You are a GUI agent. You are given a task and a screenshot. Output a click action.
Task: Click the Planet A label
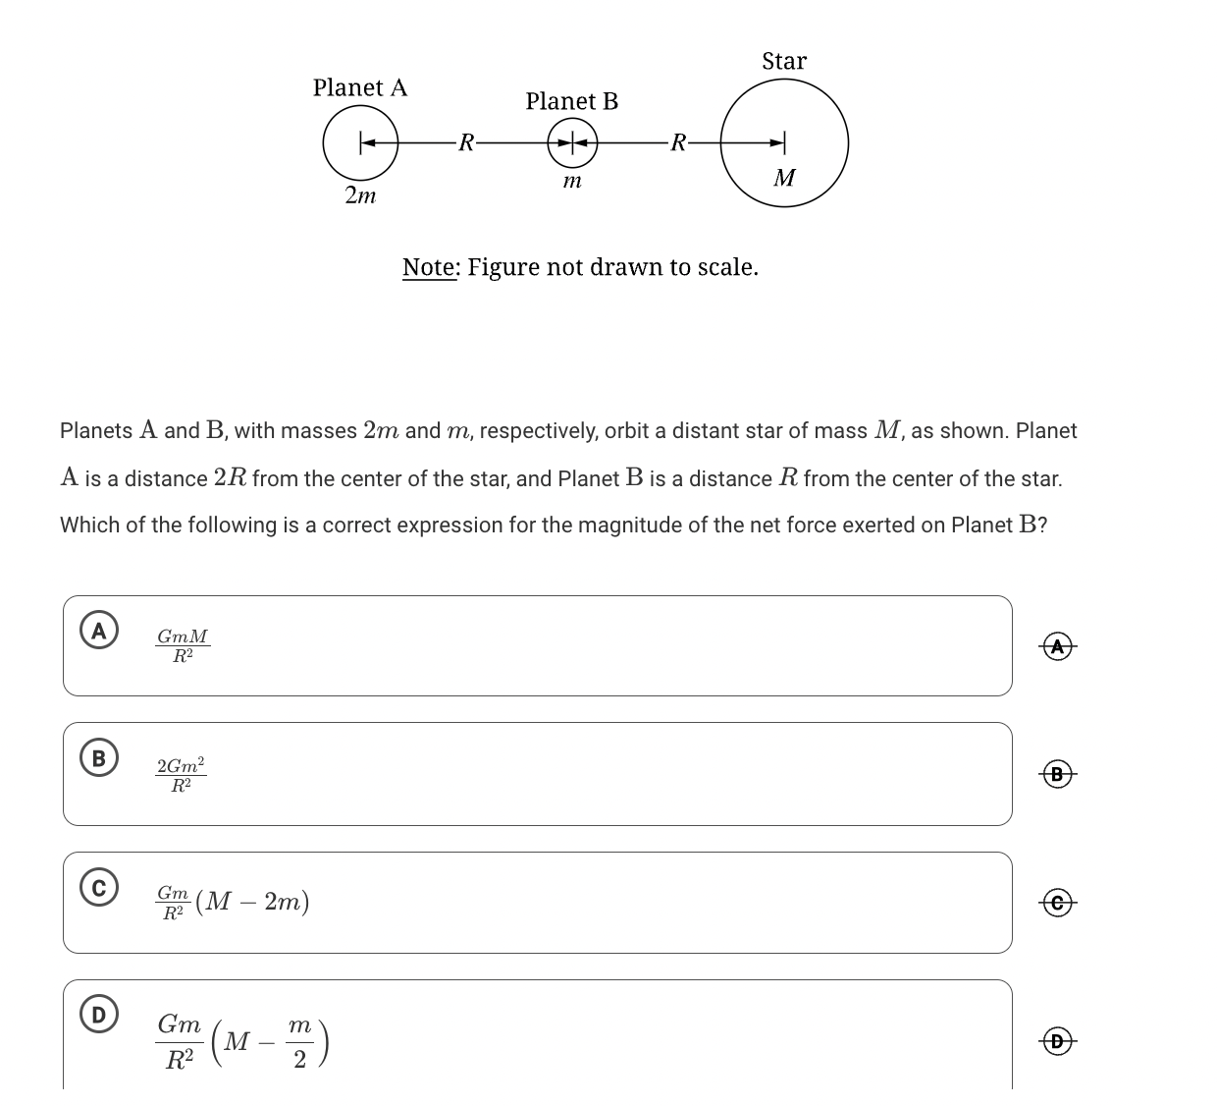tap(359, 87)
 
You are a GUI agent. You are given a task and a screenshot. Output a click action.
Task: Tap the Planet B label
tap(571, 101)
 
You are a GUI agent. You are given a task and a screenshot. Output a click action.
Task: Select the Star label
tap(784, 61)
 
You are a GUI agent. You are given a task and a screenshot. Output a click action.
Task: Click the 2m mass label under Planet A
tap(360, 195)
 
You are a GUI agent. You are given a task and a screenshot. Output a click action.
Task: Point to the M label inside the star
tap(784, 178)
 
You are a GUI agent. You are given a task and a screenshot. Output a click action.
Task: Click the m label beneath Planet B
tap(572, 182)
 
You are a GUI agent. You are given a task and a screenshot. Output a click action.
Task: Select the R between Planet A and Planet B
tap(467, 143)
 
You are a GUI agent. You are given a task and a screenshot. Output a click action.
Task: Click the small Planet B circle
tap(572, 143)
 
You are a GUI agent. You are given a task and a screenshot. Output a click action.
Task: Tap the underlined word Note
tap(430, 267)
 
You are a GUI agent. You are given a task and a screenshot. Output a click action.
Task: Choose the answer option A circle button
tap(98, 630)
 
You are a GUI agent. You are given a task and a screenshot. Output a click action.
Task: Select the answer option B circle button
tap(98, 757)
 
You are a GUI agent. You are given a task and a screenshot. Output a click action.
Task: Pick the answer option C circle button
tap(98, 886)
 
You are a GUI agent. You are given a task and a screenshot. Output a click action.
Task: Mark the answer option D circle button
tap(98, 1014)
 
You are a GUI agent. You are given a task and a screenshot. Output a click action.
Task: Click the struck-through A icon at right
tap(1056, 646)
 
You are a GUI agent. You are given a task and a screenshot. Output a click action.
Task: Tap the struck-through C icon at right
tap(1056, 902)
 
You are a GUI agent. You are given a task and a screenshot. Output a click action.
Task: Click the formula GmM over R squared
tap(183, 646)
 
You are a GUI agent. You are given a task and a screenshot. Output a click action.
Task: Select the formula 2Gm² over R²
tap(182, 774)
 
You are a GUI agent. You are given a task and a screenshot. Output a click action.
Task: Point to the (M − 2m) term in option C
tap(252, 902)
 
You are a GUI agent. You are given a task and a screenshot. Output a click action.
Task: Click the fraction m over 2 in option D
tap(299, 1042)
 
